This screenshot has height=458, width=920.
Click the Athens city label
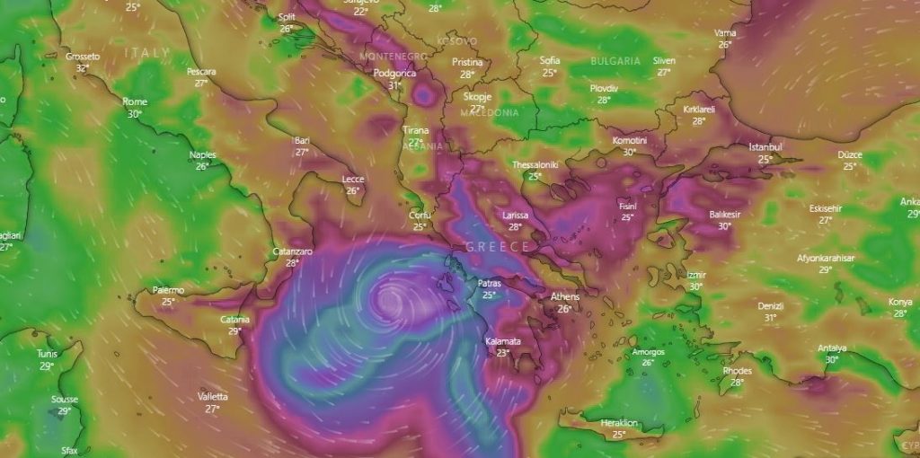coord(564,296)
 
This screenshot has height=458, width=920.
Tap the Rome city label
coord(135,101)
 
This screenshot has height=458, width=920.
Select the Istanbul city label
coord(765,147)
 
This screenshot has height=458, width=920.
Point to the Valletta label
coord(213,396)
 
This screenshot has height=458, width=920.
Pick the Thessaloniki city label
coord(535,165)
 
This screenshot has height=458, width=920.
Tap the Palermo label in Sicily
coord(168,290)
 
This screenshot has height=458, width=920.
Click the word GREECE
coord(497,246)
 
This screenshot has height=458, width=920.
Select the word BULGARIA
coord(615,61)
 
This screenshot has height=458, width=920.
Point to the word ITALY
coord(147,53)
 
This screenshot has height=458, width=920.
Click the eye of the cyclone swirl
coord(392,297)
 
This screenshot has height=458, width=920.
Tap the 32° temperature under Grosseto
coord(83,68)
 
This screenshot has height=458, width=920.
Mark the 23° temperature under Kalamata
coord(502,353)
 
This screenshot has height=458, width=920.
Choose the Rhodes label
coord(737,371)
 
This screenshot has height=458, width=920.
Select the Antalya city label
coord(832,348)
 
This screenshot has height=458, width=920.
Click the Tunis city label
coord(47,354)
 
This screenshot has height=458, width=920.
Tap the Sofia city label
coord(550,61)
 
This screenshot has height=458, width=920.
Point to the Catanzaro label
coord(292,252)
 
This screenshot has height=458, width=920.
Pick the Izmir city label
coord(695,275)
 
